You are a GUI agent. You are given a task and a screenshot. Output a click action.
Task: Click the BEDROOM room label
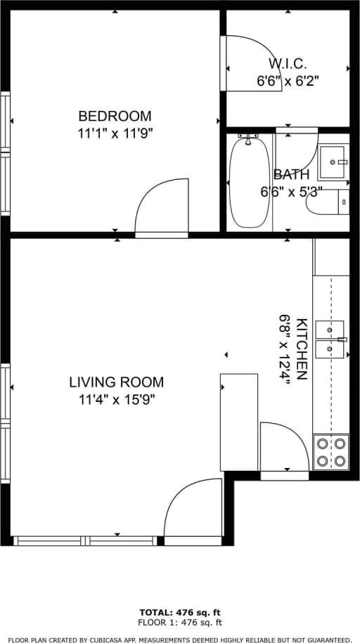[115, 116]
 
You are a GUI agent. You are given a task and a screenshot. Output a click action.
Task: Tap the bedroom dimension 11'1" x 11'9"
[115, 134]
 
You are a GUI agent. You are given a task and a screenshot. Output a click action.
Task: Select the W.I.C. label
[287, 64]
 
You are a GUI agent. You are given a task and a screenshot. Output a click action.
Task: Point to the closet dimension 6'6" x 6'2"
[287, 81]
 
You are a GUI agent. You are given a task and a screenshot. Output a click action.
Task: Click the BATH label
[290, 174]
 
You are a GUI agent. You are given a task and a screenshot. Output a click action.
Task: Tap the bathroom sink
[333, 162]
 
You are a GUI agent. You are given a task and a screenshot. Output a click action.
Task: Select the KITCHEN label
[302, 349]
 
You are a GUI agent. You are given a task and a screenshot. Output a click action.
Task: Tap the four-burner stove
[330, 452]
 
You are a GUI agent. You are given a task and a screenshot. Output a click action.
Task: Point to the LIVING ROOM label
[116, 382]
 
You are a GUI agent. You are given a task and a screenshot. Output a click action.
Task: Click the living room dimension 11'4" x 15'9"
[116, 400]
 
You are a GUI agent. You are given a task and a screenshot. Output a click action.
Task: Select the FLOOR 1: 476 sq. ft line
[180, 622]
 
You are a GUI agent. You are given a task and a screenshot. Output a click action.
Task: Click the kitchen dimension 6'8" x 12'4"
[285, 349]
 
